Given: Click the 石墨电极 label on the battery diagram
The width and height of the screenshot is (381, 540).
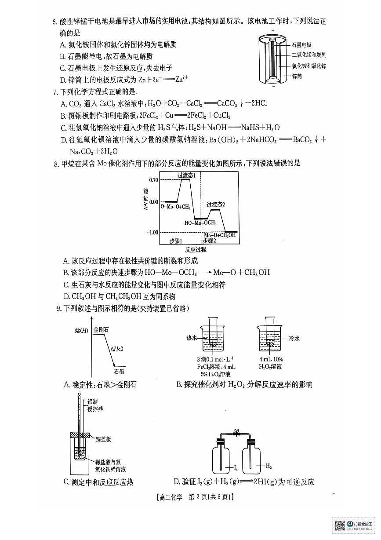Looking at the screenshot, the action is click(301, 45).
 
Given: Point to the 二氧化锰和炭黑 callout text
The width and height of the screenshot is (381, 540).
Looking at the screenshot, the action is click(308, 55).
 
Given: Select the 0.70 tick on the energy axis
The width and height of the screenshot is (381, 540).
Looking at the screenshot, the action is click(153, 180).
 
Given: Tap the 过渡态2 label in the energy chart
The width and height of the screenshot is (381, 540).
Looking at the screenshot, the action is click(216, 204).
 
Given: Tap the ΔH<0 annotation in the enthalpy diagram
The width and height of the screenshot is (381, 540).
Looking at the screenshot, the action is click(117, 349).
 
